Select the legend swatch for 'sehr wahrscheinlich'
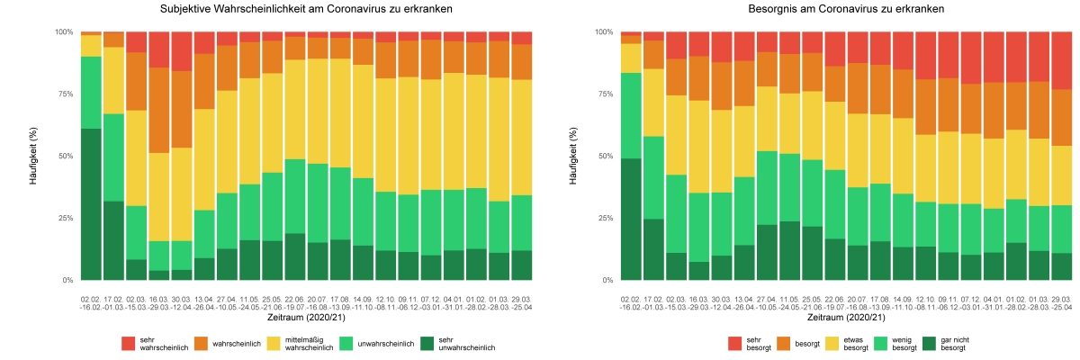point(129,343)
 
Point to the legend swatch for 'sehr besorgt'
point(733,343)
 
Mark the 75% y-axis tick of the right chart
point(604,94)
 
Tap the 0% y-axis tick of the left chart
point(67,280)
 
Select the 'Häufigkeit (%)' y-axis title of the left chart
point(34,156)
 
